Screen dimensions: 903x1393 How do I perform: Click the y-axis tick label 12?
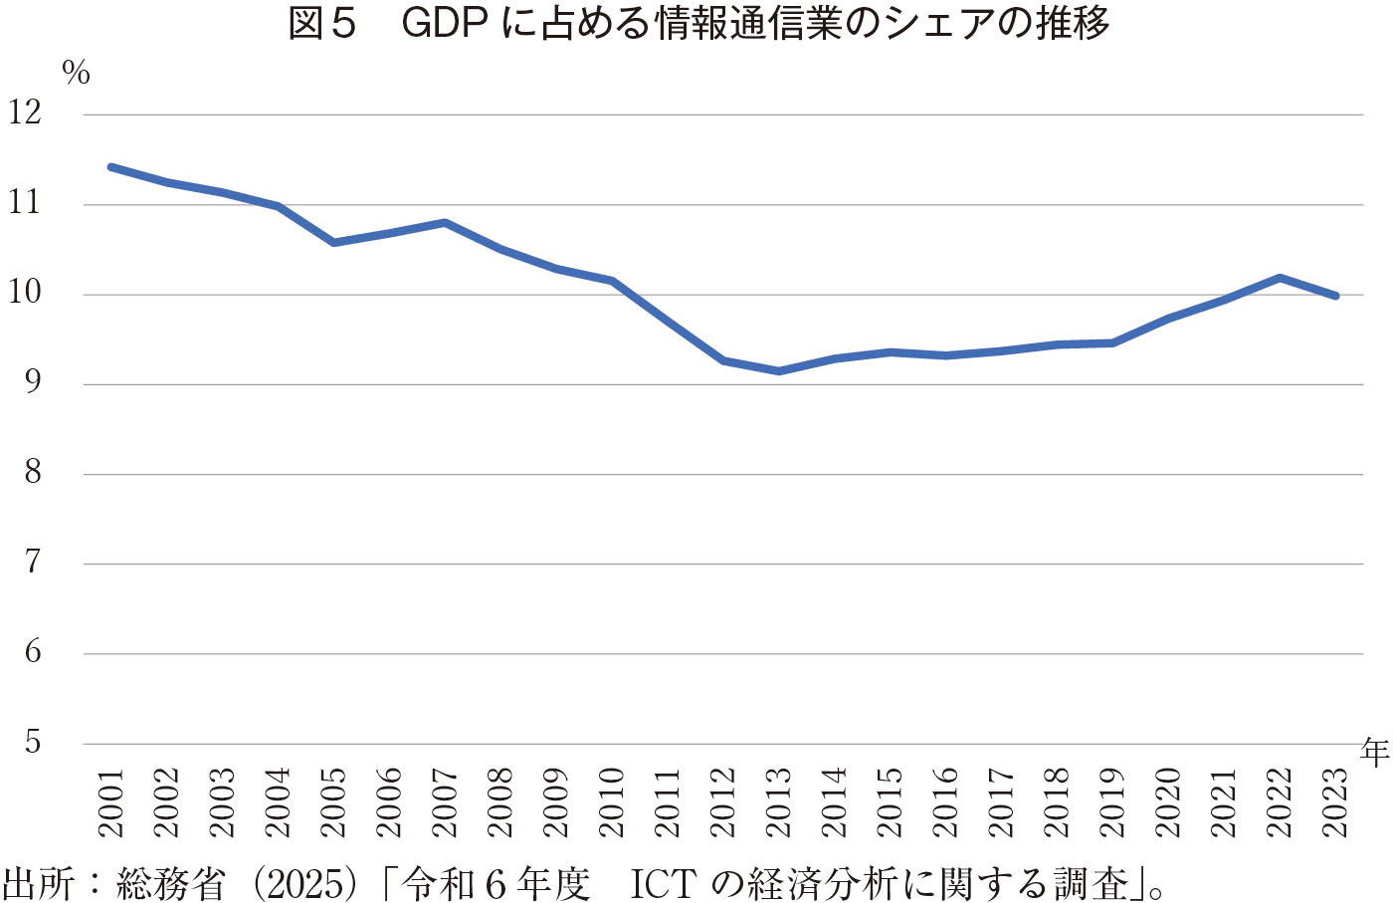(x=26, y=113)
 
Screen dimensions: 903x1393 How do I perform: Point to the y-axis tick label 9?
(x=33, y=382)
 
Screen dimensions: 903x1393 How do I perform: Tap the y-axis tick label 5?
(x=33, y=742)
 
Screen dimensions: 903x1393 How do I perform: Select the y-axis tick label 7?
(x=33, y=563)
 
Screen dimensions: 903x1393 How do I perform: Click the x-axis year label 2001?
(x=110, y=802)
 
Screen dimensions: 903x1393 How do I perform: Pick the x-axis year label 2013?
(x=778, y=802)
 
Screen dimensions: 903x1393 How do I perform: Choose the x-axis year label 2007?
(x=445, y=802)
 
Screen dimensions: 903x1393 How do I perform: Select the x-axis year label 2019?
(x=1112, y=802)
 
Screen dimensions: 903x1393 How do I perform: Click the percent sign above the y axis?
(x=76, y=73)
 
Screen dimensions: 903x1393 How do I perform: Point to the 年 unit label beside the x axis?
(x=1374, y=752)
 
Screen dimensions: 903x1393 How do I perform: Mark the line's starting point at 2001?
(x=111, y=167)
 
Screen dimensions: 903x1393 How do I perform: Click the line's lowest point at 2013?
(x=778, y=371)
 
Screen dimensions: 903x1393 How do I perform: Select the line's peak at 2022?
(x=1280, y=278)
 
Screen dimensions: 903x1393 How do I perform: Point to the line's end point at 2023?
(x=1335, y=296)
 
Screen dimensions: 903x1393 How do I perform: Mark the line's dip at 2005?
(x=333, y=242)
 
